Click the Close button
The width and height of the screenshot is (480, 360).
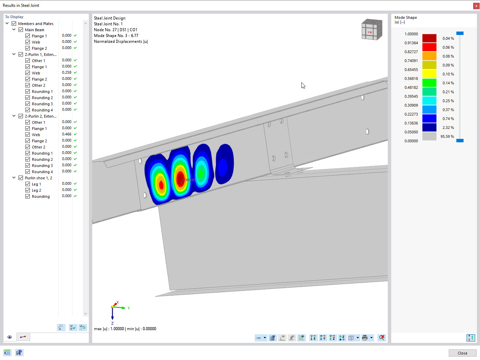(x=462, y=353)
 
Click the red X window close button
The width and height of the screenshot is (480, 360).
(x=476, y=6)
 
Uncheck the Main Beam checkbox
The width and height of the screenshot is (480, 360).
(x=21, y=30)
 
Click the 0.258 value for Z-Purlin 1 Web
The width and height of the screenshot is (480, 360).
(x=67, y=73)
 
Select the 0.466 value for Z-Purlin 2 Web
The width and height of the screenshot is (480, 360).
(x=67, y=134)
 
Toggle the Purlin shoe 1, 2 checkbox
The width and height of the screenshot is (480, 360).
(x=21, y=178)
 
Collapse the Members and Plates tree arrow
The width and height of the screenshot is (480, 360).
(x=7, y=23)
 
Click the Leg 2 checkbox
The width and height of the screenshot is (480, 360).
(x=27, y=190)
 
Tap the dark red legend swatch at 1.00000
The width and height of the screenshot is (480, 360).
(x=429, y=38)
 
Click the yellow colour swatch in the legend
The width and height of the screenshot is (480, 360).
(x=429, y=74)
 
